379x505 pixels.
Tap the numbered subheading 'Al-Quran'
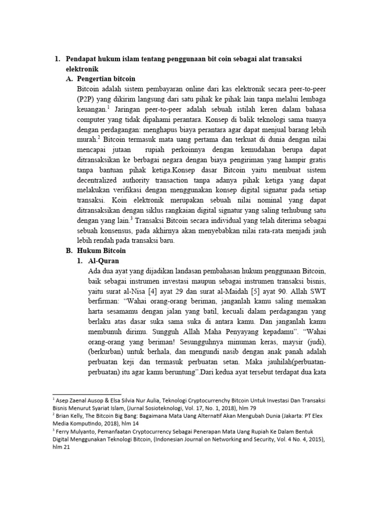click(104, 260)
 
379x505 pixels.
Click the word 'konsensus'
click(121, 230)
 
